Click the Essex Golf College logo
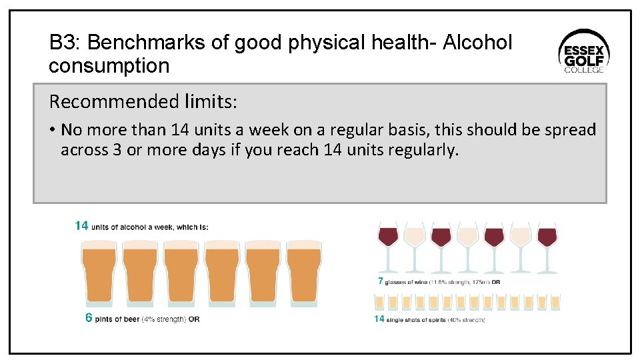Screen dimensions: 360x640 click(x=583, y=51)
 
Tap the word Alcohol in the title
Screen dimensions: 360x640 click(x=478, y=43)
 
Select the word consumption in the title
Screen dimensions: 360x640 click(x=109, y=66)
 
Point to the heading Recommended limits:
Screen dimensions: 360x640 click(x=143, y=102)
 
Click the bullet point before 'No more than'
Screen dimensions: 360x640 click(x=52, y=130)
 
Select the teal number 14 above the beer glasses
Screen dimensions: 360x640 click(x=81, y=226)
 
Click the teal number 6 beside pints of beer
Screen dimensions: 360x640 click(x=89, y=318)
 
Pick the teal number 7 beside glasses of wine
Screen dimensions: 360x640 click(x=381, y=281)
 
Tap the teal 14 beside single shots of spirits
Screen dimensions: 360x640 click(x=379, y=319)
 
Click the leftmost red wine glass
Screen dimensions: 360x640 click(x=387, y=246)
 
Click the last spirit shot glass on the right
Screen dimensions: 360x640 click(x=555, y=302)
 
